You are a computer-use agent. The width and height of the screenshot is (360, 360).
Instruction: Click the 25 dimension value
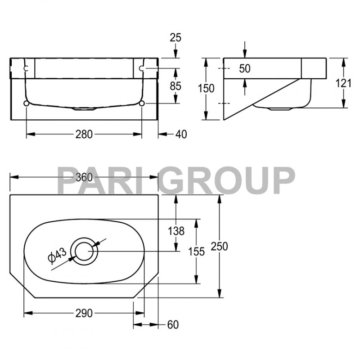pos(175,37)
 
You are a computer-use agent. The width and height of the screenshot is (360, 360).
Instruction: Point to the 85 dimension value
pos(175,85)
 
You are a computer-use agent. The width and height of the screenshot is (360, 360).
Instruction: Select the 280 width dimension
pos(84,134)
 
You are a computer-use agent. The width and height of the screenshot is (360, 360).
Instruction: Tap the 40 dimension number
pos(181,134)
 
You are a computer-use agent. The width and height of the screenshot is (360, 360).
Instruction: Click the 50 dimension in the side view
pos(245,69)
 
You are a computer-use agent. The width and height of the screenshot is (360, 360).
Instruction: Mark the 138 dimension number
pos(176,231)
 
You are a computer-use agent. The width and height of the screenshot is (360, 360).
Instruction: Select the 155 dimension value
pos(196,252)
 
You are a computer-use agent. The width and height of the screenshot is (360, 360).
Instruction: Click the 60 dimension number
pos(172,324)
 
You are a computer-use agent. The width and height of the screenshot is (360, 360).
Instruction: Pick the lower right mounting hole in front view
pos(142,104)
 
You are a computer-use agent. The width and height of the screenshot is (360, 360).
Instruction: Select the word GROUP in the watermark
pos(228,180)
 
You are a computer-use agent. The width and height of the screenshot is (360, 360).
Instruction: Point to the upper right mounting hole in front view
pos(142,68)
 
